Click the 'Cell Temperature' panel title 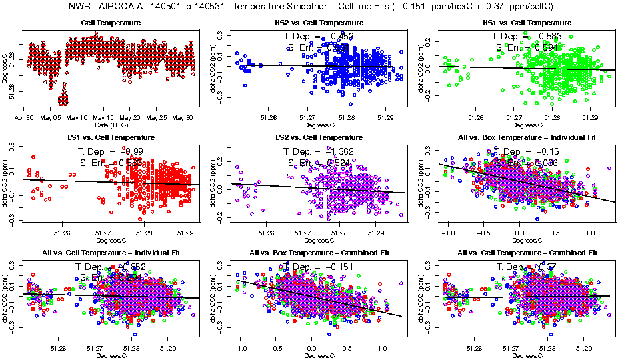point(111,23)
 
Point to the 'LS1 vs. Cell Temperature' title point(111,137)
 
